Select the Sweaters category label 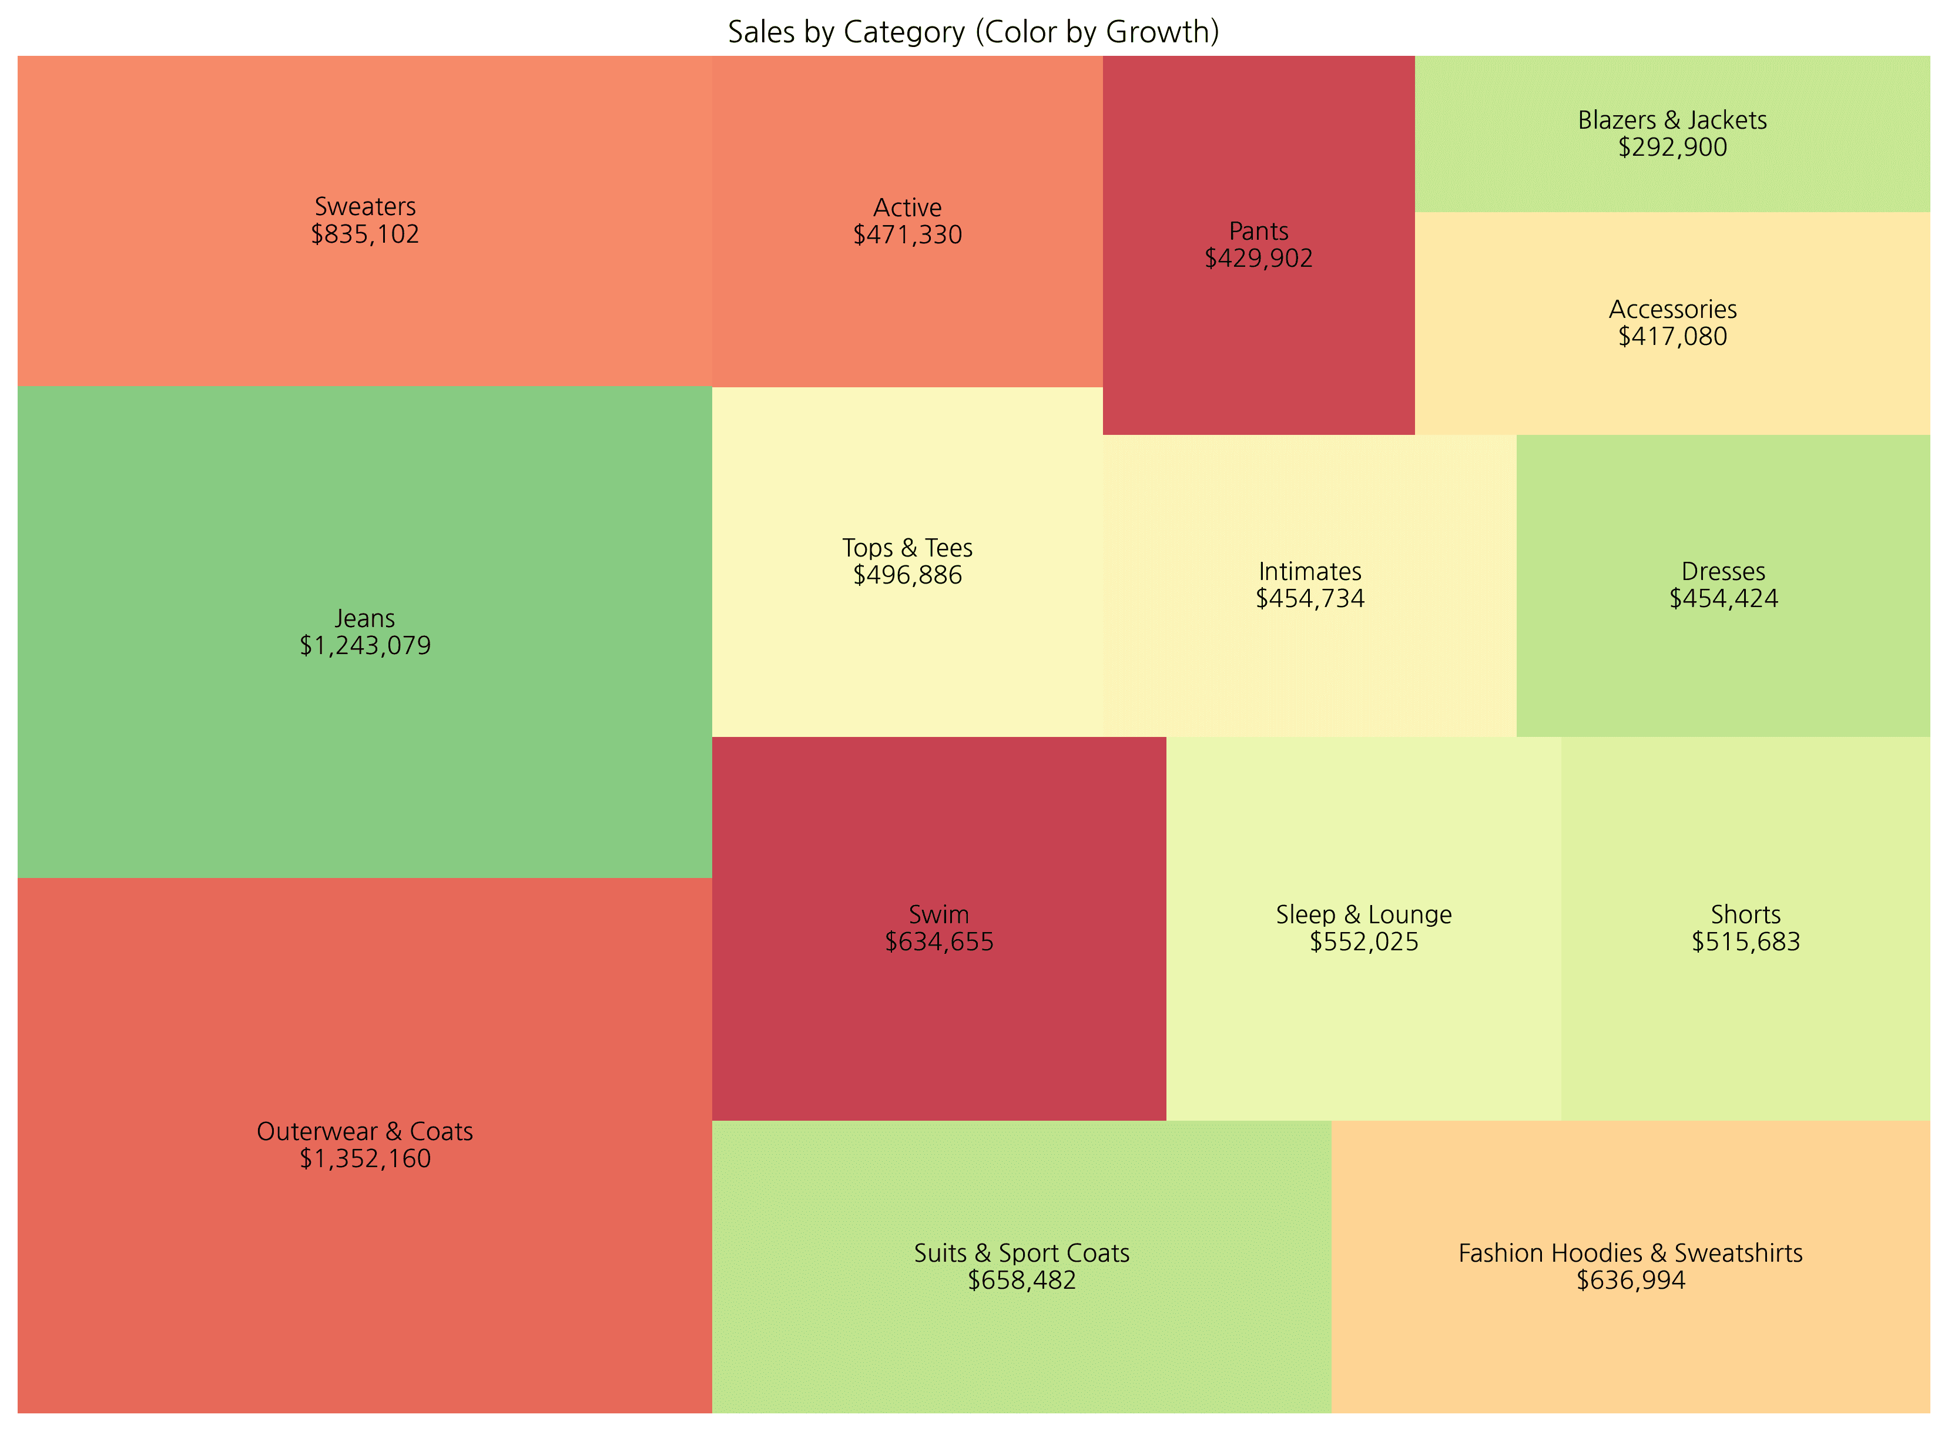(365, 207)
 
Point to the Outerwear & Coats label (365, 1131)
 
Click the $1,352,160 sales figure (365, 1159)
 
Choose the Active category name (907, 208)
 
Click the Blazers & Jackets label (1672, 120)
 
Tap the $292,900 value (1672, 148)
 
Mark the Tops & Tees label (907, 548)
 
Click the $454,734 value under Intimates (1310, 599)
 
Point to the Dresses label (1723, 572)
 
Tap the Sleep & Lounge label (1363, 915)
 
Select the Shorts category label (1745, 915)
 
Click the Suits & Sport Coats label (1021, 1254)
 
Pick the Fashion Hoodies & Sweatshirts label (1630, 1254)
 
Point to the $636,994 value (1630, 1281)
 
